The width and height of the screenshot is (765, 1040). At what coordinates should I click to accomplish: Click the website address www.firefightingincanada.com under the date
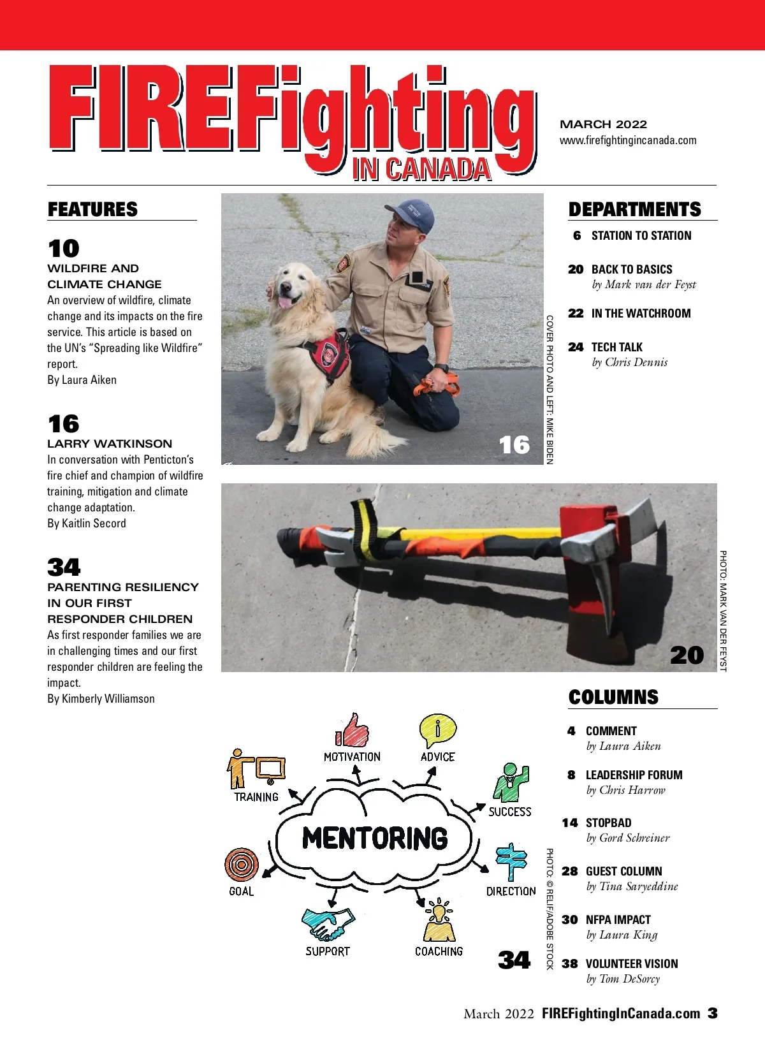(628, 140)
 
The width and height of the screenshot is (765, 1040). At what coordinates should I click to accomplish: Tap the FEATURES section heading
(92, 209)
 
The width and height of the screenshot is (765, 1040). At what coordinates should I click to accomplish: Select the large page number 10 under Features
(63, 248)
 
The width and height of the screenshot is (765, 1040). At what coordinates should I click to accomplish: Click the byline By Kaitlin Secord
(87, 524)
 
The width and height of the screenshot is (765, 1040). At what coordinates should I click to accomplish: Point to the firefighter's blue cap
(411, 214)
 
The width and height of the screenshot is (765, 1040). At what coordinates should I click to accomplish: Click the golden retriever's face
(291, 287)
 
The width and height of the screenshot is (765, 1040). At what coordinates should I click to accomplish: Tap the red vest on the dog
(328, 354)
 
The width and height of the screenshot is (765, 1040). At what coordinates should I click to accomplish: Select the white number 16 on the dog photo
(514, 444)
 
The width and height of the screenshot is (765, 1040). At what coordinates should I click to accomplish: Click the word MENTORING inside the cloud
(375, 838)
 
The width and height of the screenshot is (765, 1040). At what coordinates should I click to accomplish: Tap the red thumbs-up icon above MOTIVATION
(353, 731)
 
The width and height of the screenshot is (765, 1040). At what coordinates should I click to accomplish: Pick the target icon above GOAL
(241, 865)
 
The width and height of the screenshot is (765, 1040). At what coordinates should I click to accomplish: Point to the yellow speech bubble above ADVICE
(437, 731)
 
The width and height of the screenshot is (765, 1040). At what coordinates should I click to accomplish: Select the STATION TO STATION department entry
(641, 236)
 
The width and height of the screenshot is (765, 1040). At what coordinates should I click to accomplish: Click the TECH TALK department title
(616, 348)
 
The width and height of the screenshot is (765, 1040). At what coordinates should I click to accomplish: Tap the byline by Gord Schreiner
(628, 838)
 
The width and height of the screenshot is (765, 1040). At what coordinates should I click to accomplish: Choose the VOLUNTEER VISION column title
(632, 963)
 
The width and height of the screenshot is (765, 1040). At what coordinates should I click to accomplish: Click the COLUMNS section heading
(613, 697)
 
